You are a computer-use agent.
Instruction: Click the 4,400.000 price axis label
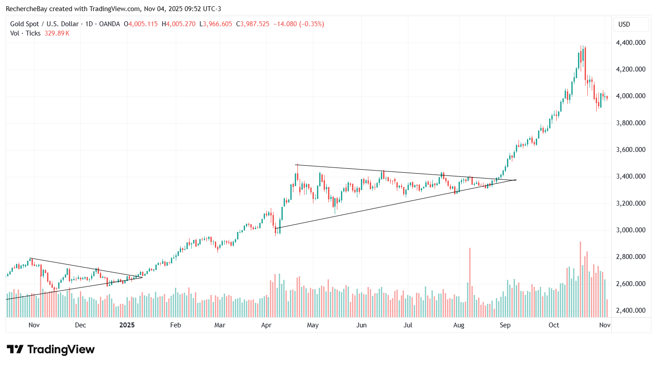tap(630, 43)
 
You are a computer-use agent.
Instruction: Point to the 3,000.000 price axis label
tap(630, 230)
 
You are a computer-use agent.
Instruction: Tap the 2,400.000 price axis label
tap(630, 310)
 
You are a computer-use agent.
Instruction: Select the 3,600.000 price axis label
tap(630, 150)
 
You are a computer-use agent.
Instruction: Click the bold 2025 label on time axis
tap(127, 325)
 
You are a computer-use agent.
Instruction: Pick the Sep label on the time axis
tap(505, 325)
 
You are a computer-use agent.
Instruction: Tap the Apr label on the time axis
tap(266, 325)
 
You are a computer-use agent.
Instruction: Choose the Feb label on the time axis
tap(176, 325)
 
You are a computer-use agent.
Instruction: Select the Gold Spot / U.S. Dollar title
tap(44, 24)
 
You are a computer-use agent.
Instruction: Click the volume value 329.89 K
tap(57, 33)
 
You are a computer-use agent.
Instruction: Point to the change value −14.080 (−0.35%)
tap(298, 24)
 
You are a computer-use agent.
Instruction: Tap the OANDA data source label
tap(110, 24)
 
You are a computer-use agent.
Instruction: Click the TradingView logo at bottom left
tap(51, 350)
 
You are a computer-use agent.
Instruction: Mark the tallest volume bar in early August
tap(470, 282)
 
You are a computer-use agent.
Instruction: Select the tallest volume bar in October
tap(580, 279)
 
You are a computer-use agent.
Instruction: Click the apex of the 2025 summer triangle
tap(516, 180)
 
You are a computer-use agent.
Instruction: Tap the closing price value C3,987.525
tap(253, 24)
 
